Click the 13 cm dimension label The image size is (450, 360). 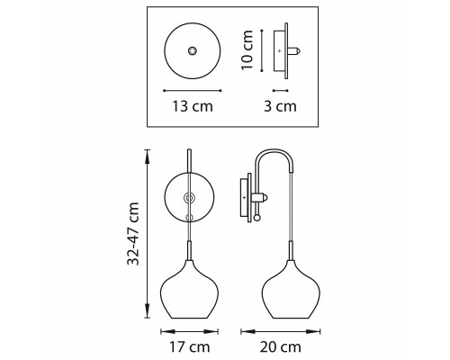tap(193, 106)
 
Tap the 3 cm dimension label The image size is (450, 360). tap(280, 106)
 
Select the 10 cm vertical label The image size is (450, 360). tap(247, 49)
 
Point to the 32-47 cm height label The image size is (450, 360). tap(133, 234)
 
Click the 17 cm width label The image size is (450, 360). tap(190, 347)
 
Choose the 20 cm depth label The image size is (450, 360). tap(281, 347)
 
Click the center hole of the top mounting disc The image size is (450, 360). tap(193, 50)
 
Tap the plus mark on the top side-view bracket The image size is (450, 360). tap(280, 51)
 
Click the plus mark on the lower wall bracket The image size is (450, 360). tap(244, 197)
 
